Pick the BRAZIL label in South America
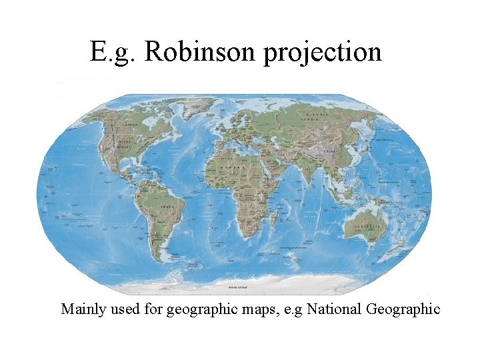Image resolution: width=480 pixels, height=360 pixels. [x=169, y=207]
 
